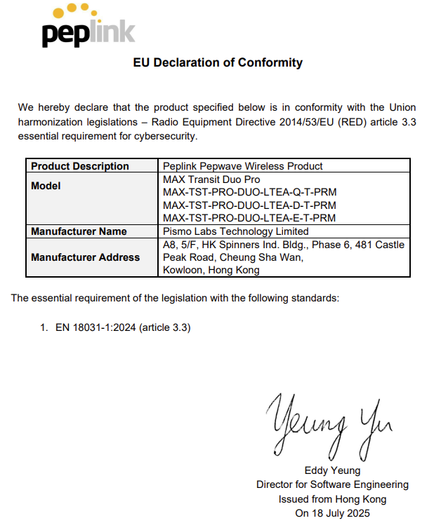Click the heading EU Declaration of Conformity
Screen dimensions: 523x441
click(x=218, y=62)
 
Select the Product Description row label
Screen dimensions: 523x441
click(x=80, y=166)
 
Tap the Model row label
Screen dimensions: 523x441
click(x=46, y=186)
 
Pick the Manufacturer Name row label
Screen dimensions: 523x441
click(x=79, y=231)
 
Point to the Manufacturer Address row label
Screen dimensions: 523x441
click(x=85, y=257)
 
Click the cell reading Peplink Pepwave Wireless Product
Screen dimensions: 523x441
click(x=242, y=166)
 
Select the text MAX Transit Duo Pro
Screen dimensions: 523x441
click(x=210, y=179)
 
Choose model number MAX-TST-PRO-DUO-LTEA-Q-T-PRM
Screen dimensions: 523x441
click(x=249, y=192)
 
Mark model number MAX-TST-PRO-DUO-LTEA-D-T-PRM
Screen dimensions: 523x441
click(x=249, y=205)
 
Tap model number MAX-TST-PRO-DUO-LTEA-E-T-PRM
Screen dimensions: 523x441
click(x=249, y=218)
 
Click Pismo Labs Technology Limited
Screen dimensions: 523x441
click(x=235, y=231)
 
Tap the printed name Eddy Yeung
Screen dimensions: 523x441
click(x=332, y=470)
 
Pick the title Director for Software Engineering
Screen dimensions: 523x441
click(x=332, y=484)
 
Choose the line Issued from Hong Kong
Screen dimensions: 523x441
click(x=332, y=499)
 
